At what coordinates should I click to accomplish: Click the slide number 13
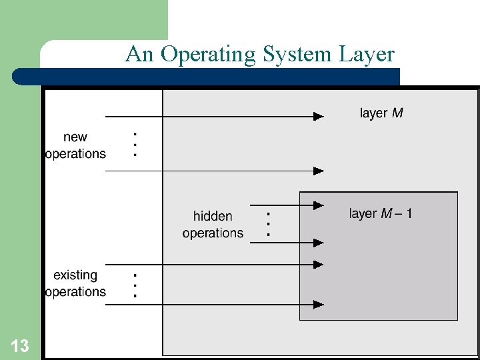click(20, 346)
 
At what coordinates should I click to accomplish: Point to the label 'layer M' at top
click(381, 113)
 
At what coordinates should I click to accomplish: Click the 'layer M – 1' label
click(381, 214)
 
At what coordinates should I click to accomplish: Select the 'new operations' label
click(75, 145)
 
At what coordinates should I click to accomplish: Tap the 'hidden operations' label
click(213, 225)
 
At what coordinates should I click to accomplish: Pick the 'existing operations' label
click(75, 283)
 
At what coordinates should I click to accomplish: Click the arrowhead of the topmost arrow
click(319, 116)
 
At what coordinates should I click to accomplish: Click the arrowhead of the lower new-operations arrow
click(319, 171)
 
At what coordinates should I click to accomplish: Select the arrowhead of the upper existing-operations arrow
click(319, 265)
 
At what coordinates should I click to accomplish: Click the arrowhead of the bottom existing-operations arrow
click(319, 305)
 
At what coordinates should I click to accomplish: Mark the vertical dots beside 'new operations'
click(135, 143)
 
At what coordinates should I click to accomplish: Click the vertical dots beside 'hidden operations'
click(267, 224)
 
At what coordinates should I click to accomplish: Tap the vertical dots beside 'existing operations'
click(135, 285)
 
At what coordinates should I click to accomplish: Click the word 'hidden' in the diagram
click(213, 216)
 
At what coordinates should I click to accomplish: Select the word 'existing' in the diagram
click(75, 275)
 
